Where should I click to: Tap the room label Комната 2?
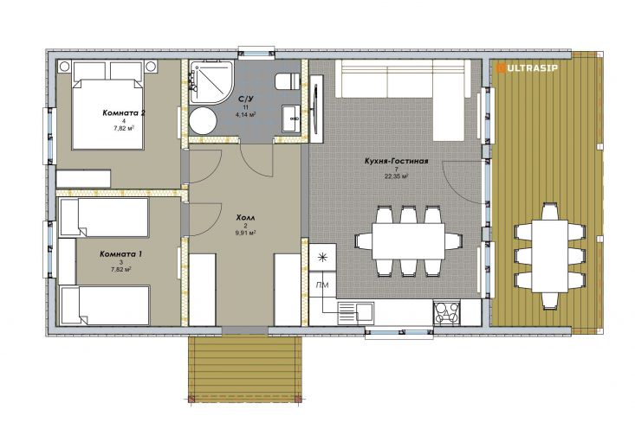point(124,112)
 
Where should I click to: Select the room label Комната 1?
point(120,254)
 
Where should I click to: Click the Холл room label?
point(245,218)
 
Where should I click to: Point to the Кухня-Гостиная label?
point(396,161)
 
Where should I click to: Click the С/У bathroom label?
point(245,99)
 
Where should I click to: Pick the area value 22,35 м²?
point(396,176)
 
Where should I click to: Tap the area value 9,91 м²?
point(245,233)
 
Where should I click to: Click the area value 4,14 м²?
point(245,114)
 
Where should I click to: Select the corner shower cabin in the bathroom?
point(211,81)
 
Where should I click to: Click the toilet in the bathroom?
point(287,81)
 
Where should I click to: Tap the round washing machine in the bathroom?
point(203,121)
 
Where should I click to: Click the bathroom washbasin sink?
point(291,118)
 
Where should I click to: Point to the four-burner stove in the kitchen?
point(447,312)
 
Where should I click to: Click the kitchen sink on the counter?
point(355,312)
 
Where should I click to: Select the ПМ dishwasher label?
point(322,285)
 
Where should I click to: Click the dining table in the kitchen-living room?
point(408,241)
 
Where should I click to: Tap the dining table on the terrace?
point(550,255)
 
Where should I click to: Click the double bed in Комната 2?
point(107,106)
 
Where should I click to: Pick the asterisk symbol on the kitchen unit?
point(322,257)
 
